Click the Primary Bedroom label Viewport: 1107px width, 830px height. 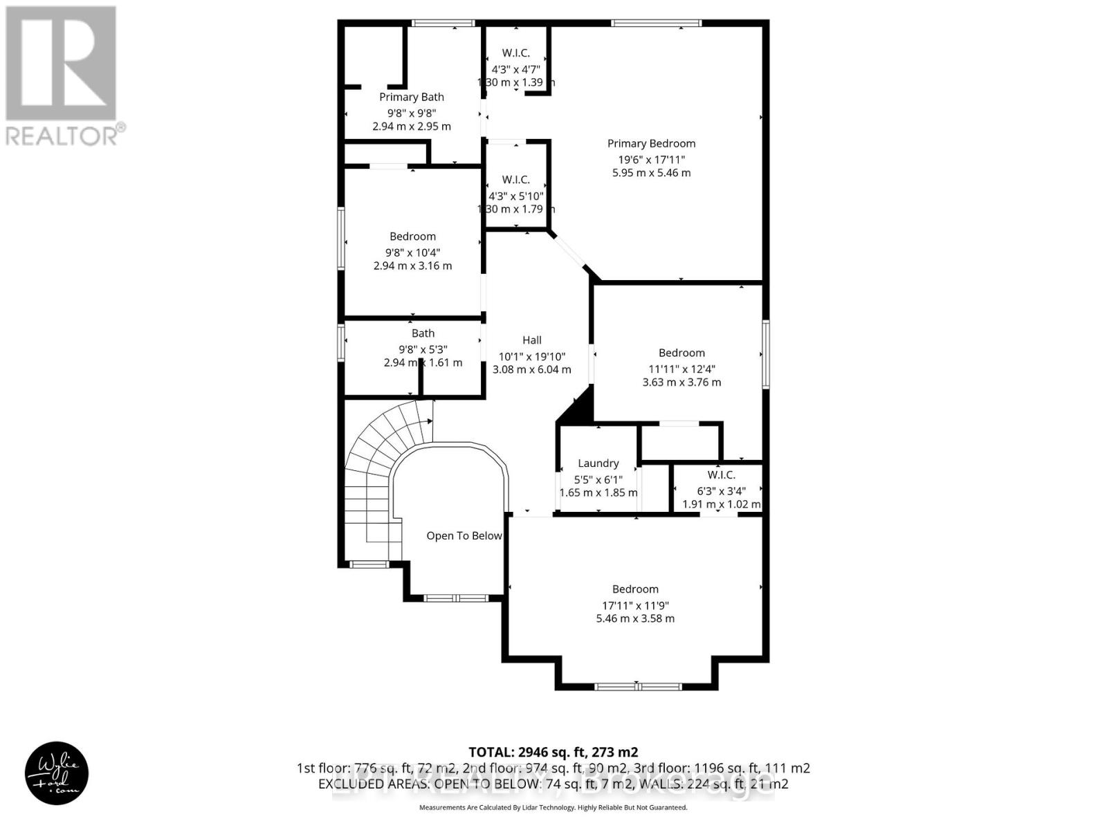(x=651, y=143)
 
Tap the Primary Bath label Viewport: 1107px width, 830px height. (x=412, y=97)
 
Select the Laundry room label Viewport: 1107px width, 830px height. (x=598, y=463)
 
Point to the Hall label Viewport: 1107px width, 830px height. (x=531, y=340)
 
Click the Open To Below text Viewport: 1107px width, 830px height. (x=464, y=535)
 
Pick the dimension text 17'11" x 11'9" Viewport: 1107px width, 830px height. (x=635, y=604)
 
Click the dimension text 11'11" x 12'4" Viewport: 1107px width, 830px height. (x=681, y=368)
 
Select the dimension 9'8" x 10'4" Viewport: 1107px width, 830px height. (x=412, y=252)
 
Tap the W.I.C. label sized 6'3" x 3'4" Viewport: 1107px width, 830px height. (x=721, y=474)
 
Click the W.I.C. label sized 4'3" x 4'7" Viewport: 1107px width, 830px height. (x=515, y=53)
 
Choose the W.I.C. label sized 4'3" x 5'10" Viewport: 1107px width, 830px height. (x=515, y=179)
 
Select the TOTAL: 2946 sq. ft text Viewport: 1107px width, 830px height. (x=553, y=752)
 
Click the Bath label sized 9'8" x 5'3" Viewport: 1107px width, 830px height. (x=423, y=333)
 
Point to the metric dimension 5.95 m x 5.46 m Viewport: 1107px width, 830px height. (x=651, y=173)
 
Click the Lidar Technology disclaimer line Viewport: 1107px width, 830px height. (x=553, y=807)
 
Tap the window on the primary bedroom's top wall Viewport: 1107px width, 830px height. (x=656, y=24)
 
